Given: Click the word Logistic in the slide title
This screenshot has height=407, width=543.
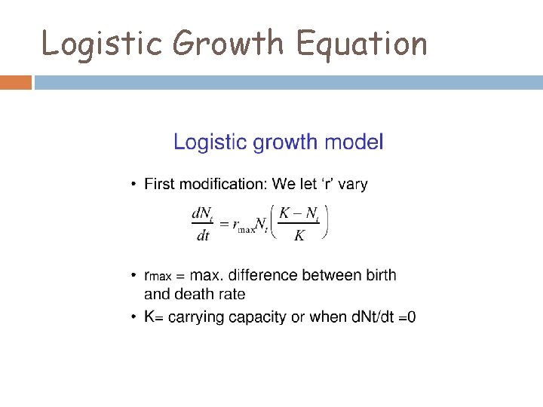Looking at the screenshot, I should [x=101, y=44].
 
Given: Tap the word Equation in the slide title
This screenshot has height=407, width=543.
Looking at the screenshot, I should [x=361, y=44].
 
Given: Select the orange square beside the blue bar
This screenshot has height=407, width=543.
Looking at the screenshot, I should [x=15, y=81].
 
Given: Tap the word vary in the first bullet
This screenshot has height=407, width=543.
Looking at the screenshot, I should [x=351, y=184].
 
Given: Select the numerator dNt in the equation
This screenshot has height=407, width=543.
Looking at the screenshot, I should [x=203, y=215].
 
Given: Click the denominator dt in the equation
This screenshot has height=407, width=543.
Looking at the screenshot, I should [x=203, y=236].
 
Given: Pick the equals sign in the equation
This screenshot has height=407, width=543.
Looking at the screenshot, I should [x=224, y=225].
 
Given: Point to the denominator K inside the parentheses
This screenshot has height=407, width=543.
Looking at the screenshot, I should [x=299, y=236].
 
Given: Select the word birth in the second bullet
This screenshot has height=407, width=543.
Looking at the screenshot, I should [x=379, y=276].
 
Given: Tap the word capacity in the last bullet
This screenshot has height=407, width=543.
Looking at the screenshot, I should [x=258, y=317].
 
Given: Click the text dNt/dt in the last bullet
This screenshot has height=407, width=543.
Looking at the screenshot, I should [x=373, y=317].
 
